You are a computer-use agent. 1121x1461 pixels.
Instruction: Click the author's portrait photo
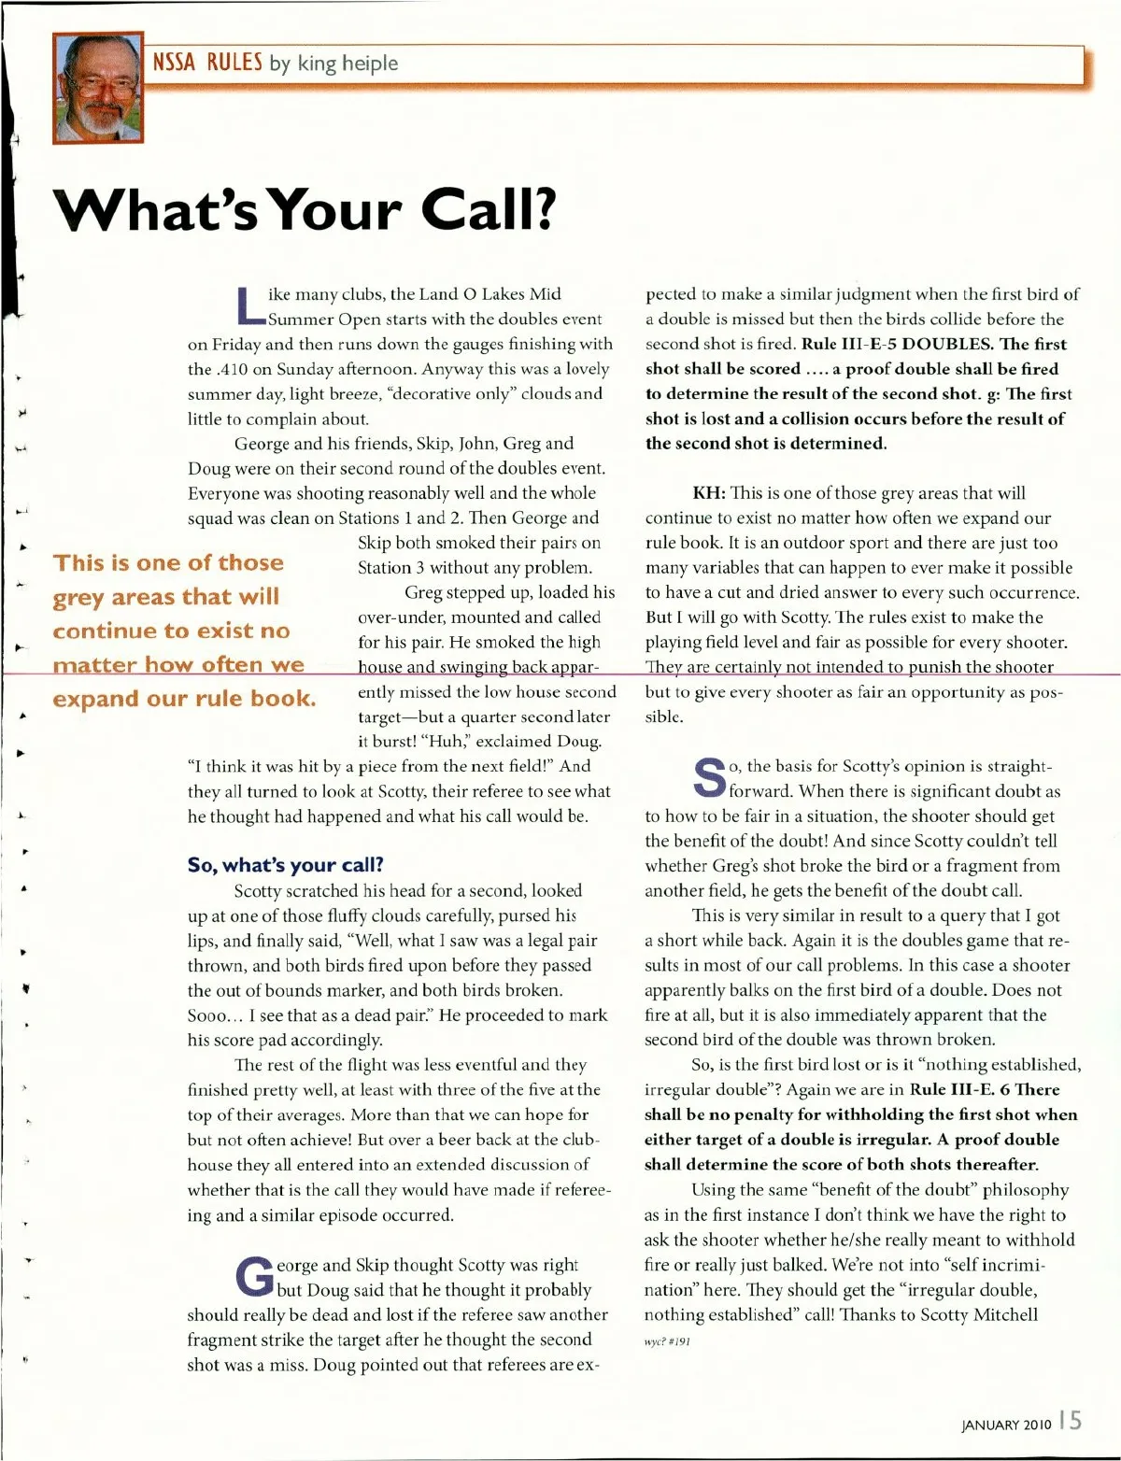pyautogui.click(x=98, y=88)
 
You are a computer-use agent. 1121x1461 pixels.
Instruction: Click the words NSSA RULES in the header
pyautogui.click(x=207, y=63)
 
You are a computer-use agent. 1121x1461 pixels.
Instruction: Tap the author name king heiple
pyautogui.click(x=348, y=64)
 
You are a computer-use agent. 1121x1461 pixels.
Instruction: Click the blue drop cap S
pyautogui.click(x=709, y=778)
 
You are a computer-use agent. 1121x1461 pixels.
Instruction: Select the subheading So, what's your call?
pyautogui.click(x=285, y=865)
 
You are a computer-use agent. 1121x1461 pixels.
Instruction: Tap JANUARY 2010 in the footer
pyautogui.click(x=1006, y=1425)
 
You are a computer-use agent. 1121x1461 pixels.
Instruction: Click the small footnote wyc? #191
pyautogui.click(x=667, y=1341)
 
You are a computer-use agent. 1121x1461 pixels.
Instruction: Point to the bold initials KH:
pyautogui.click(x=709, y=493)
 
